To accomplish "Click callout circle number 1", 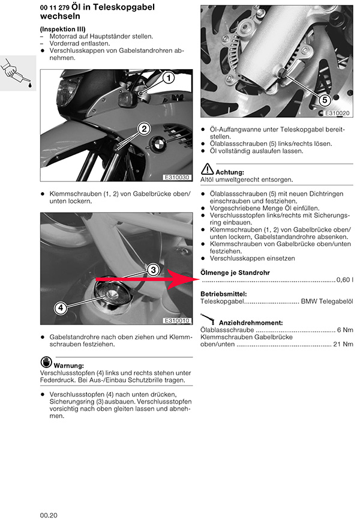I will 169,77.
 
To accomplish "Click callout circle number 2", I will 145,127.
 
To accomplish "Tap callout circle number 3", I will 153,270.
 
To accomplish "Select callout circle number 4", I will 60,308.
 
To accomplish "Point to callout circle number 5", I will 324,99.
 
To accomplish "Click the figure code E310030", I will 177,178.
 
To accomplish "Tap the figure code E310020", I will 337,113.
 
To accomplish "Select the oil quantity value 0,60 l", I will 345,280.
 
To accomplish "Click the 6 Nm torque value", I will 345,330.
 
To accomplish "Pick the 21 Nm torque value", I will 343,345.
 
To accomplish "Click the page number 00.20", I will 49,515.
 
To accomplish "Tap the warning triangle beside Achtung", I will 207,169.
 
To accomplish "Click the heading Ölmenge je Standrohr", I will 235,273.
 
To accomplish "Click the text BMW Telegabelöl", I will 327,302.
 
